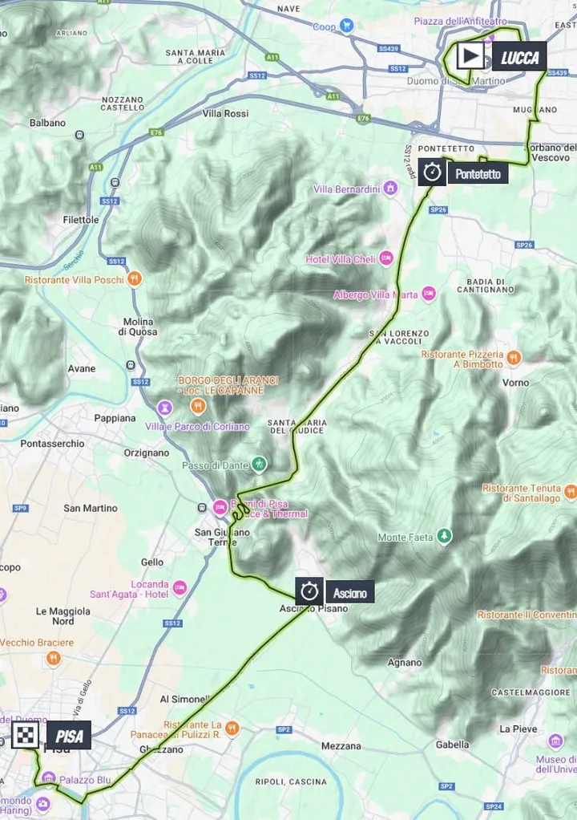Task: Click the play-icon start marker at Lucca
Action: point(470,56)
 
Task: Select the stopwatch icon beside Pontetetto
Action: point(433,173)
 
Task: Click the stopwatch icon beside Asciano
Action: point(309,592)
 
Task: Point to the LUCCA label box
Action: point(519,57)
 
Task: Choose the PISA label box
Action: point(68,735)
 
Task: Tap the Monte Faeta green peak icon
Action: point(444,537)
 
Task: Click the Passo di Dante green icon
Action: point(258,464)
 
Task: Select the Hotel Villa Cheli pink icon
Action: point(386,258)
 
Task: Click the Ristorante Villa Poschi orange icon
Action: point(135,279)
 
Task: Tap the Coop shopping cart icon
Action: point(347,26)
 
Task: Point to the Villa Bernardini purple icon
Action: point(390,189)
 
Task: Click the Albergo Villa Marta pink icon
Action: point(429,294)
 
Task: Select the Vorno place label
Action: point(515,383)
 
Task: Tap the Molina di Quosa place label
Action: point(139,327)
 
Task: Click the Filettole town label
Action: point(81,219)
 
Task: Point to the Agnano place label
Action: point(404,663)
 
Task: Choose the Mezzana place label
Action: point(341,745)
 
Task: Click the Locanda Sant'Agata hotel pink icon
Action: point(180,589)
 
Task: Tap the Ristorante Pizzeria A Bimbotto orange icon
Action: point(514,358)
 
